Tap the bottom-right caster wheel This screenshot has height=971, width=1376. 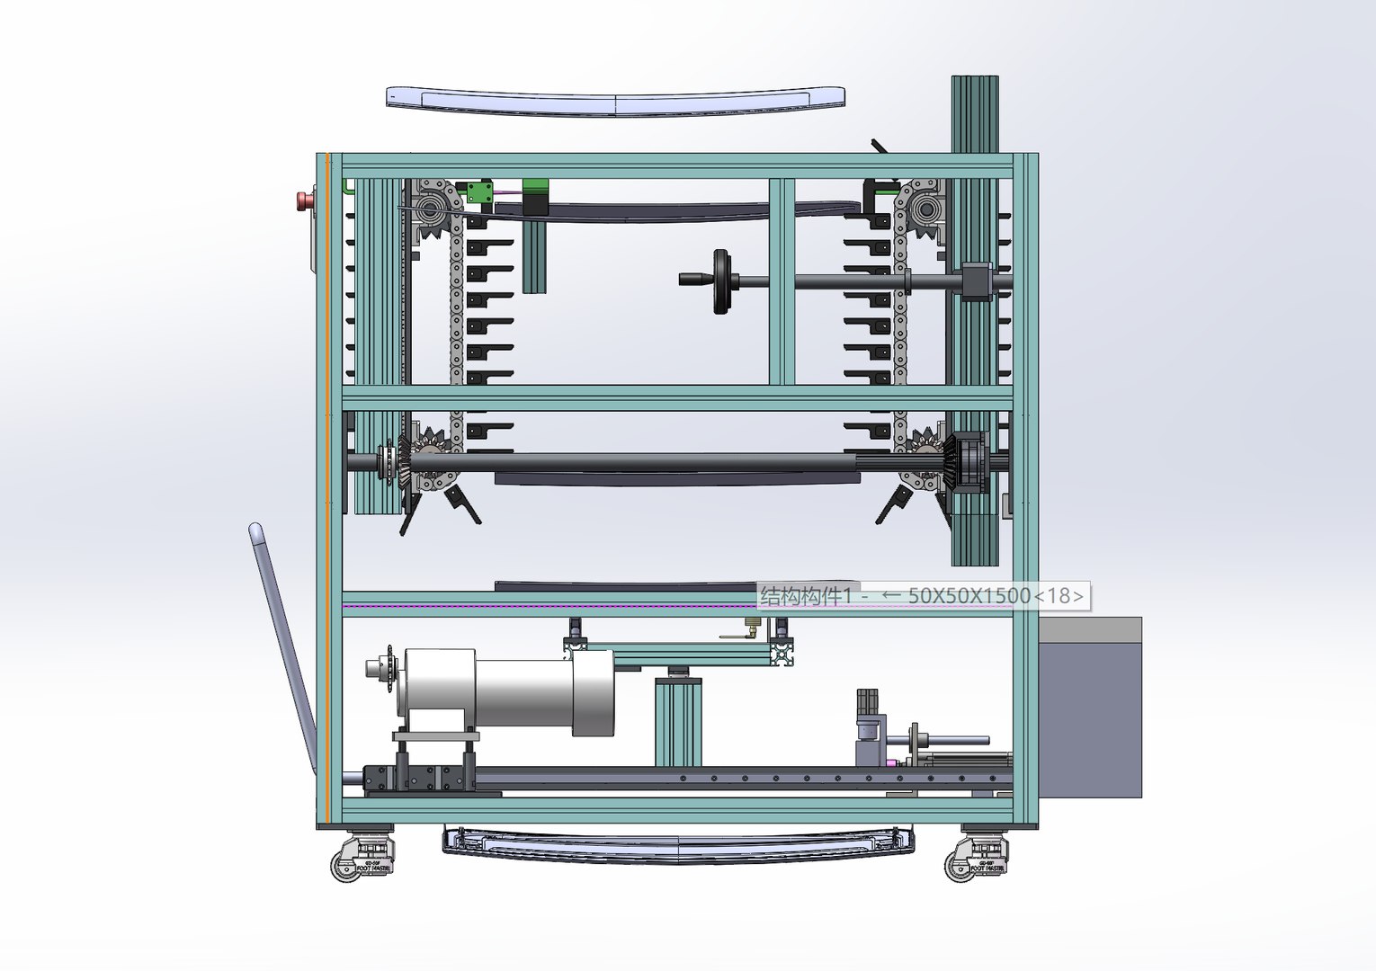[x=959, y=866]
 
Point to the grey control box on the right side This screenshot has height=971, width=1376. [x=1090, y=710]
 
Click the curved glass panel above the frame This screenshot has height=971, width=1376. [x=615, y=100]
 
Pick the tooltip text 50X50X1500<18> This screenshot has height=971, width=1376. [x=995, y=596]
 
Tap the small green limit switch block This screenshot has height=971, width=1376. [x=477, y=192]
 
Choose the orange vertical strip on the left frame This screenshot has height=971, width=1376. [x=328, y=485]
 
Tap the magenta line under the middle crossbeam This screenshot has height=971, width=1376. [x=549, y=606]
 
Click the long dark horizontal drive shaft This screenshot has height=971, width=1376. [x=666, y=463]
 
